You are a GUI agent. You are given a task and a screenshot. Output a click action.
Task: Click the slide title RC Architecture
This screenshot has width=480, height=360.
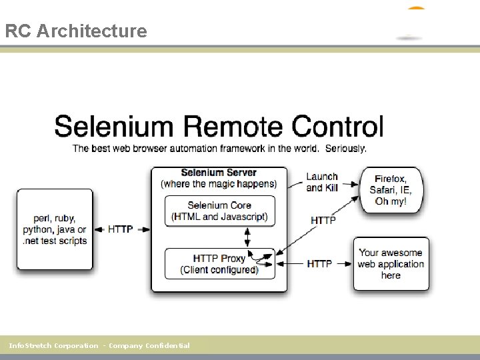(x=75, y=31)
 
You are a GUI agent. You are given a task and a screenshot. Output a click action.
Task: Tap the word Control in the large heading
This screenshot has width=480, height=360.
(x=338, y=127)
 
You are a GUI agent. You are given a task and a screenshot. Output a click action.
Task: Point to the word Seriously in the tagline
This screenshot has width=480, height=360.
(x=345, y=148)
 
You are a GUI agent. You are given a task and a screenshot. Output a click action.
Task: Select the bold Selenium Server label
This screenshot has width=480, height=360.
(x=219, y=173)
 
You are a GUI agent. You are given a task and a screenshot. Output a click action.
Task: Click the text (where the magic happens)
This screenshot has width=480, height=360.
(x=219, y=183)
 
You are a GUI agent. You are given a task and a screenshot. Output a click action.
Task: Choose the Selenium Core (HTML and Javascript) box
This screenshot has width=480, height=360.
(x=219, y=211)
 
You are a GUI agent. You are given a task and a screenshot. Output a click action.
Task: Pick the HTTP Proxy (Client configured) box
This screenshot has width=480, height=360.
(x=219, y=263)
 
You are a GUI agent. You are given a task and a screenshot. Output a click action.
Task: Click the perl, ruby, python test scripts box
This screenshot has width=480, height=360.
(x=55, y=229)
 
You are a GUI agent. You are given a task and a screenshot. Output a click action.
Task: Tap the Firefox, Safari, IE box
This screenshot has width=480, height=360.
(x=391, y=190)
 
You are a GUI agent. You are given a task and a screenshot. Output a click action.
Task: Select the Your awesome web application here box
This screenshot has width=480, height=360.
(x=391, y=264)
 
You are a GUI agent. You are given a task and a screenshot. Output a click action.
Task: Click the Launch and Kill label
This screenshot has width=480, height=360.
(x=322, y=182)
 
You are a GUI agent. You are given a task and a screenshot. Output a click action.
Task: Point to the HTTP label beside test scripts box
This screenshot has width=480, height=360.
(x=120, y=229)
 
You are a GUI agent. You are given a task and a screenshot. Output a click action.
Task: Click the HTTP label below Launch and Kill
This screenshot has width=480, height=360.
(x=323, y=220)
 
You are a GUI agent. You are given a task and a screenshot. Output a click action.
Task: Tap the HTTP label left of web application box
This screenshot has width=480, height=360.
(x=320, y=264)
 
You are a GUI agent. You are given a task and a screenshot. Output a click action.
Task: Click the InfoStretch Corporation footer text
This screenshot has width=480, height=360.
(x=99, y=345)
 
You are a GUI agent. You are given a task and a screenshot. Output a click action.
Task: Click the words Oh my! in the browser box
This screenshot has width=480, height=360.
(x=391, y=201)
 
